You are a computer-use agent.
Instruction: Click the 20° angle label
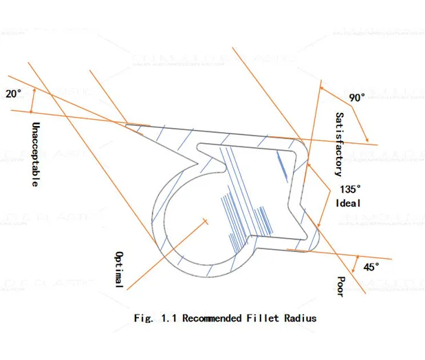coord(13,94)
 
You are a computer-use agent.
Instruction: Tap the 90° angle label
coord(356,98)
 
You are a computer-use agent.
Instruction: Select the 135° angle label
coord(349,189)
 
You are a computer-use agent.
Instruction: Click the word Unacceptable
coord(35,155)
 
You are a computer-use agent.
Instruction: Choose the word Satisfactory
coord(339,144)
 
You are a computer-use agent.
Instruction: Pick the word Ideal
coord(348,204)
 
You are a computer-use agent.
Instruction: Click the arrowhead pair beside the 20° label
coord(32,101)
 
